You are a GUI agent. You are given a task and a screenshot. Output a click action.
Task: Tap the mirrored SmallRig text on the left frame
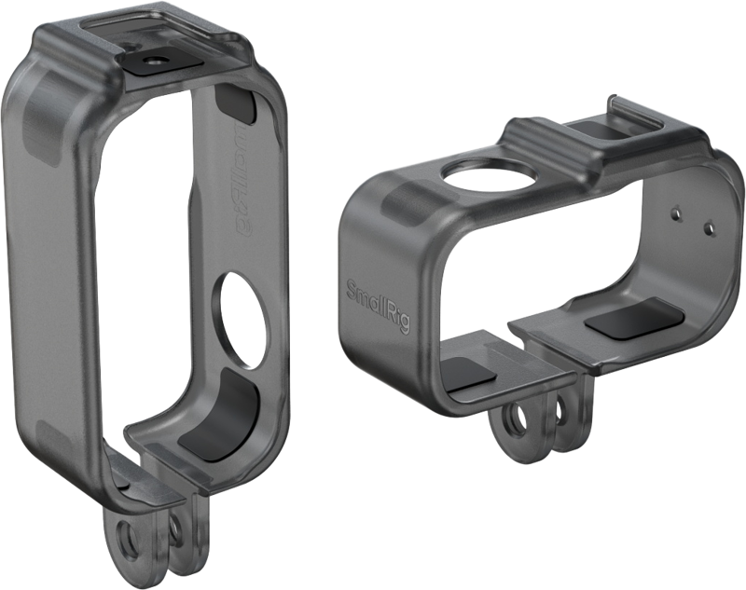tap(236, 168)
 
